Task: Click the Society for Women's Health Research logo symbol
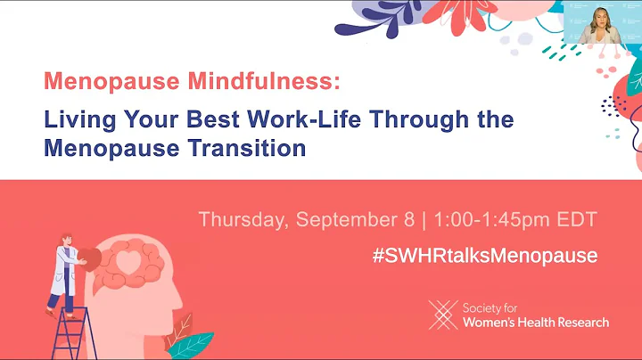tap(442, 315)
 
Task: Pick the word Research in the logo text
tap(576, 322)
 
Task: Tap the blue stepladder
tap(74, 334)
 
